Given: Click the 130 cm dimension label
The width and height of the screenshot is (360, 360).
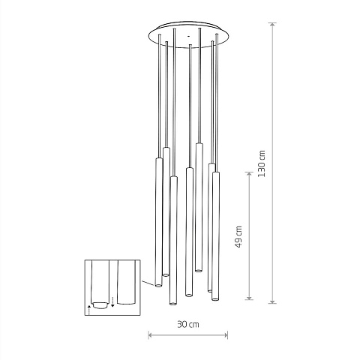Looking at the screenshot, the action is tap(262, 163).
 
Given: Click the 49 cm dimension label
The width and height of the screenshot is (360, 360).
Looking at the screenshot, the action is tap(238, 236).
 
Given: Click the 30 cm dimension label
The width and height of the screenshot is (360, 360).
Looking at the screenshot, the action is tap(188, 324).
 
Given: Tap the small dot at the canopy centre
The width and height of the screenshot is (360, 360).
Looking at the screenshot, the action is tap(188, 36).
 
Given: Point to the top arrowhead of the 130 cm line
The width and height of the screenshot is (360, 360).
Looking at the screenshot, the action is tap(272, 25).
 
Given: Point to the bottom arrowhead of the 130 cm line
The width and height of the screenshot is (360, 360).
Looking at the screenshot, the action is tap(272, 301).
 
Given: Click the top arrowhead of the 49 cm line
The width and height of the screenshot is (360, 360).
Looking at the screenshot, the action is tap(249, 174).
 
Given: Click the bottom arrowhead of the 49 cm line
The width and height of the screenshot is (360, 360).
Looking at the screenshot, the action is tap(249, 297).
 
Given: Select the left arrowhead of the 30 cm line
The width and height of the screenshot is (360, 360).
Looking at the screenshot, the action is tap(151, 335).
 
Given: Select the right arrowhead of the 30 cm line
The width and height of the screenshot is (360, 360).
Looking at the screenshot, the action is tap(226, 335).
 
